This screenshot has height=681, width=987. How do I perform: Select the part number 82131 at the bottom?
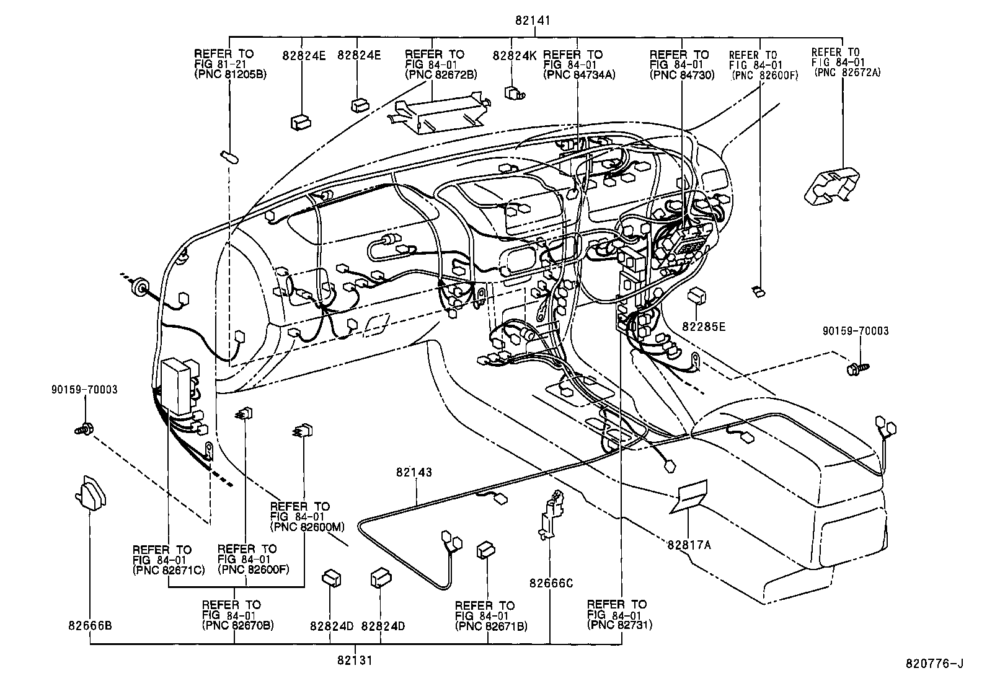coord(355,661)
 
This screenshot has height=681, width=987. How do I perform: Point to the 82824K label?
coord(515,55)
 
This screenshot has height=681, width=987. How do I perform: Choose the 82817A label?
coord(689,545)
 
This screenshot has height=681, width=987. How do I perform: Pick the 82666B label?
coord(90,626)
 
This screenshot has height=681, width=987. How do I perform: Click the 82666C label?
coord(551,583)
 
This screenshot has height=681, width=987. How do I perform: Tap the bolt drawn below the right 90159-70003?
coord(856,369)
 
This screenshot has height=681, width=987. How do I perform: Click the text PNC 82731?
coord(619,626)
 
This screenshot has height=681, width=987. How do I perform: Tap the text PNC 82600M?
coord(304,527)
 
